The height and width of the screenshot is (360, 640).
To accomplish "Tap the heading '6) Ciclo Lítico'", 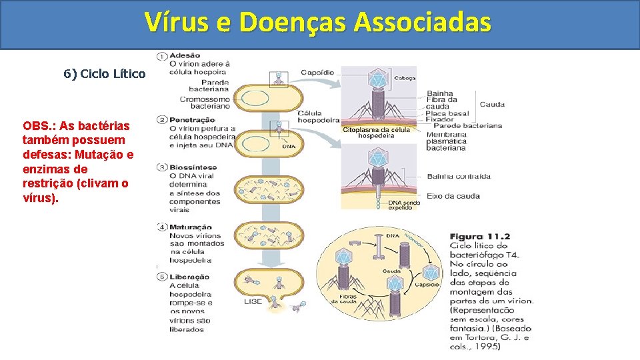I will pyautogui.click(x=104, y=73).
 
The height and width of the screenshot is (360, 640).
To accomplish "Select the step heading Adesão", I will pyautogui.click(x=185, y=55).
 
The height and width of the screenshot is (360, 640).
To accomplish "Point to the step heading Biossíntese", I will pyautogui.click(x=193, y=167).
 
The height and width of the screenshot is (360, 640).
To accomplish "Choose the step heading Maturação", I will pyautogui.click(x=191, y=227).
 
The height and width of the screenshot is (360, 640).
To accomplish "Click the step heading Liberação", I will pyautogui.click(x=189, y=277).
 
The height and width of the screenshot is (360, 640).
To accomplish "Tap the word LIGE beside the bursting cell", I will pyautogui.click(x=253, y=301).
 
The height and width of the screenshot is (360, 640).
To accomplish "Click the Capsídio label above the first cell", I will pyautogui.click(x=317, y=72).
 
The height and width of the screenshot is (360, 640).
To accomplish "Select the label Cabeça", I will pyautogui.click(x=405, y=78).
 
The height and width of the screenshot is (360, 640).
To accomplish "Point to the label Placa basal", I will pyautogui.click(x=448, y=113).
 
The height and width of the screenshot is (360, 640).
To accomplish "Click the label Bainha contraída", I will pyautogui.click(x=459, y=177).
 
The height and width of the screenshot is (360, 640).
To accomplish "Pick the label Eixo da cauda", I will pyautogui.click(x=453, y=196).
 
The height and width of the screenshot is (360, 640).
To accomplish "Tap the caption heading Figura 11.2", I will pyautogui.click(x=480, y=237).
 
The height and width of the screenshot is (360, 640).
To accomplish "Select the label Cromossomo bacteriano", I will pyautogui.click(x=205, y=103).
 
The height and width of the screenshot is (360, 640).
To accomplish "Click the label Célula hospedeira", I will pyautogui.click(x=319, y=117).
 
